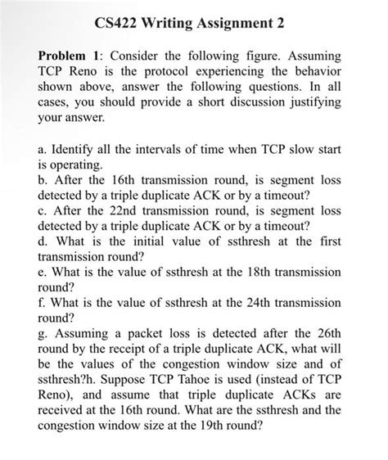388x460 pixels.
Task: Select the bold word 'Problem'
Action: [65, 58]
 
